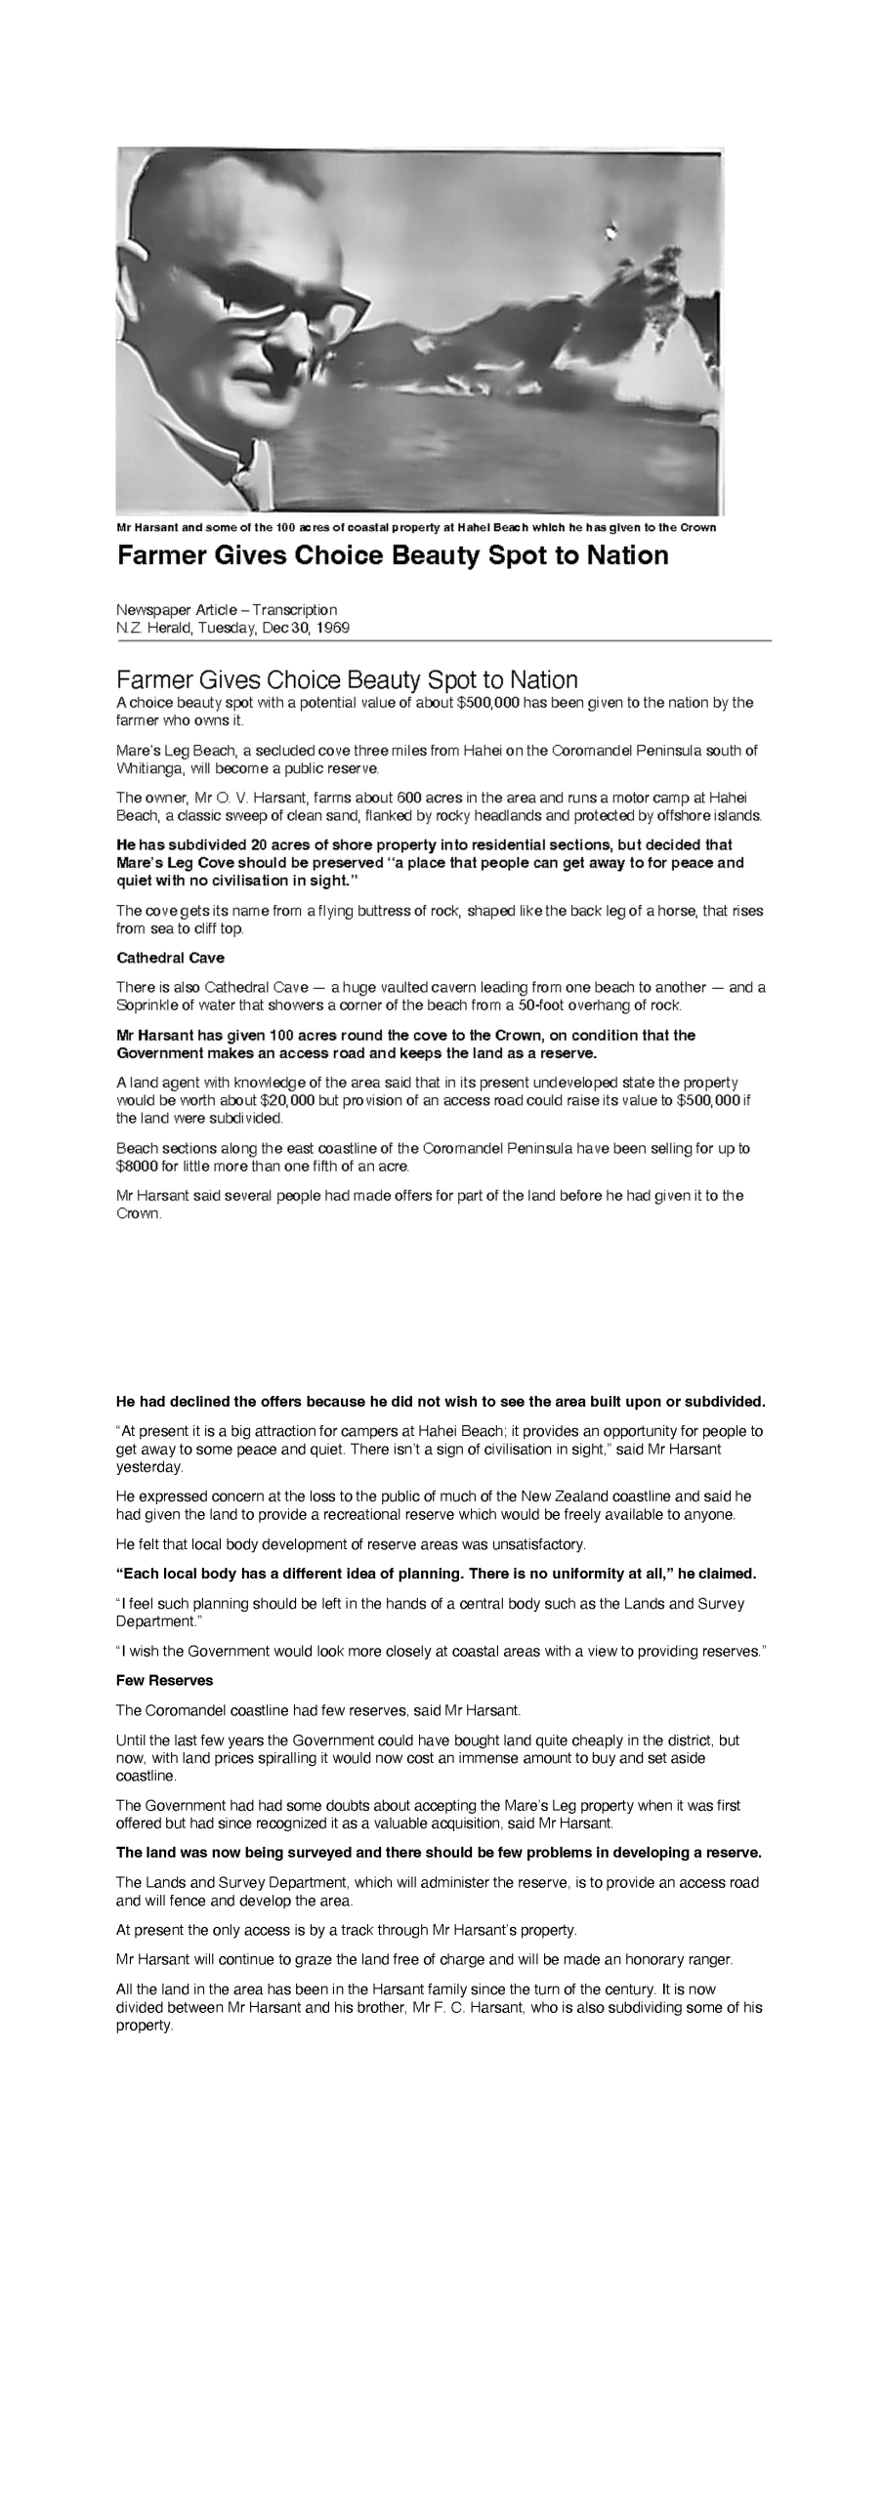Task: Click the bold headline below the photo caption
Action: pyautogui.click(x=393, y=555)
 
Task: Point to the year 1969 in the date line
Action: pyautogui.click(x=333, y=628)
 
